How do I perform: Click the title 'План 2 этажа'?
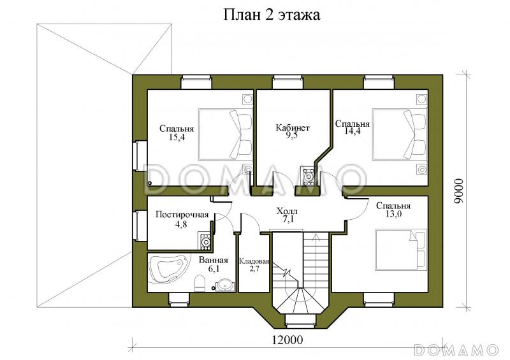point(271,15)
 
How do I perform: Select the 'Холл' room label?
point(287,211)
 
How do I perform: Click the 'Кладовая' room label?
point(254,261)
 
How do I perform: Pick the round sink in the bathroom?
point(224,285)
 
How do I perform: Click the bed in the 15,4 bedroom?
point(226,134)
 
